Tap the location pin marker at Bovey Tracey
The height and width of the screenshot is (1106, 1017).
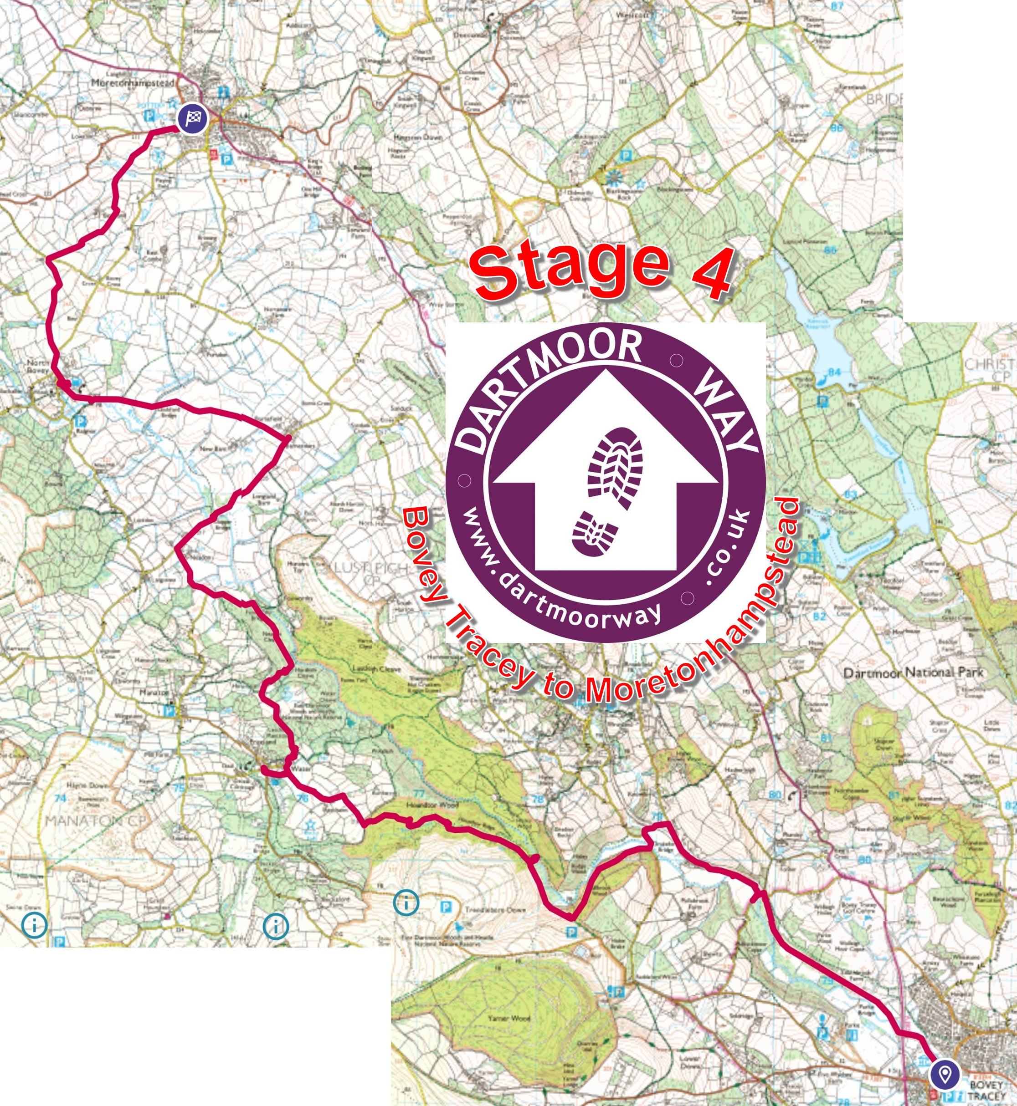945,1074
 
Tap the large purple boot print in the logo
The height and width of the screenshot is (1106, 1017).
615,468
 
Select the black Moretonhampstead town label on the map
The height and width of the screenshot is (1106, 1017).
133,82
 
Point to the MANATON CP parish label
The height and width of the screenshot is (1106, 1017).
96,821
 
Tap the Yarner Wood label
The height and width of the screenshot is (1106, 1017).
509,1018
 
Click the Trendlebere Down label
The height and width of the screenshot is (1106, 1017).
495,910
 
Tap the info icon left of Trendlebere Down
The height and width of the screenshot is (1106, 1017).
406,902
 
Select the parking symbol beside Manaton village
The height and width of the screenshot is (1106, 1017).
169,711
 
